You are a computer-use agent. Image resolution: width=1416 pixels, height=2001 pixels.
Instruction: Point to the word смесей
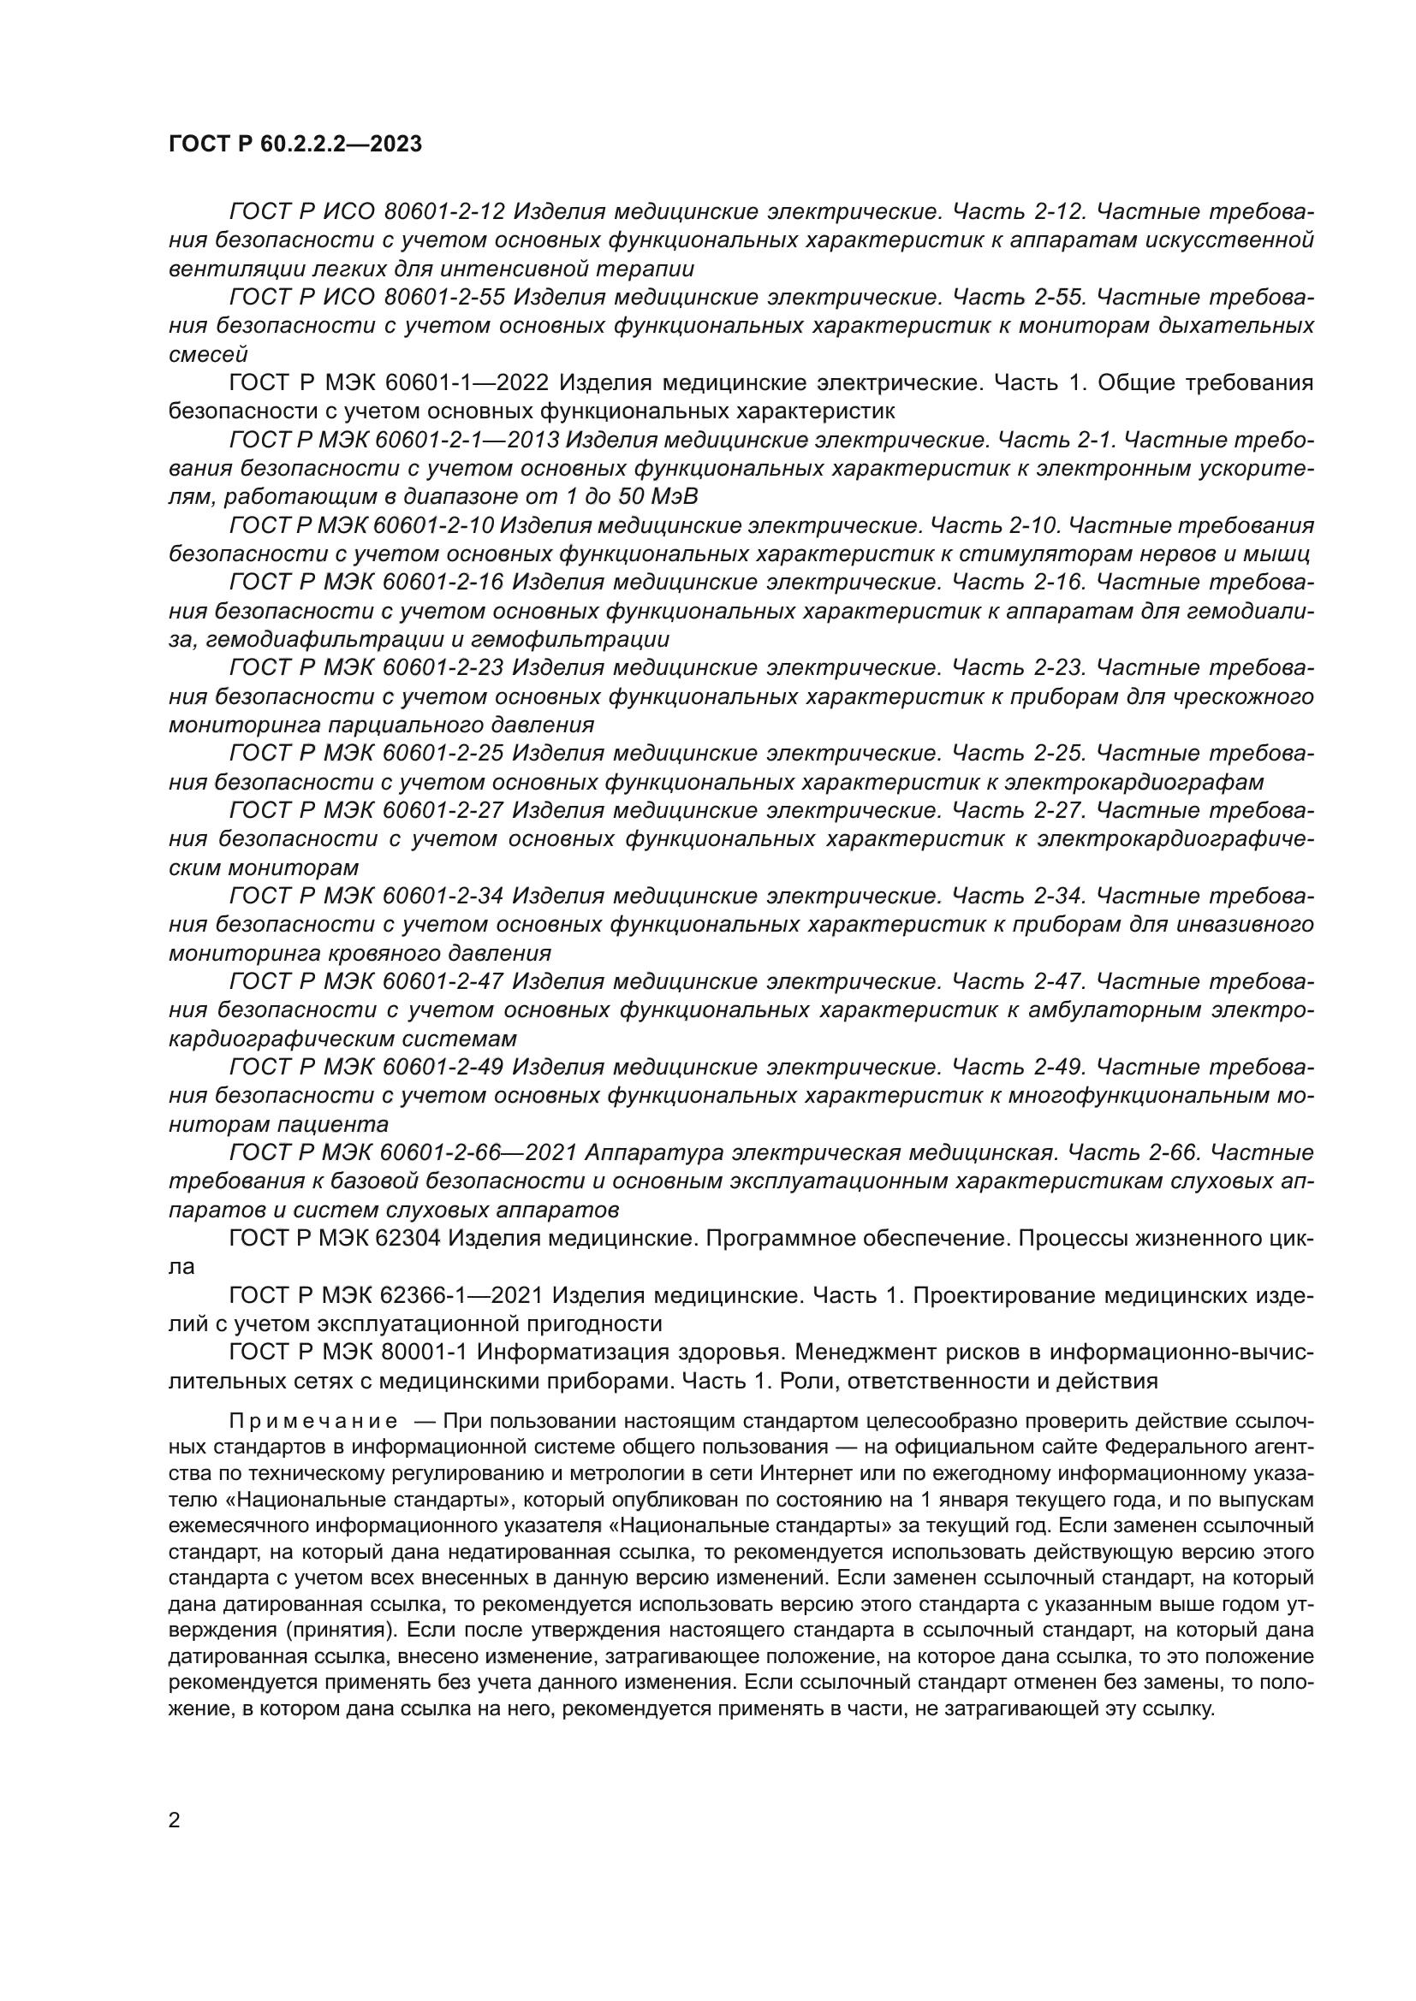[207, 355]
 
